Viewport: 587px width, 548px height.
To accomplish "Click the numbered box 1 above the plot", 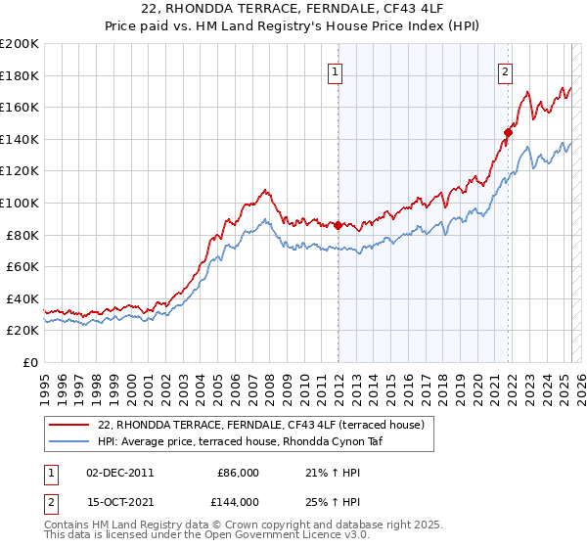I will (x=336, y=70).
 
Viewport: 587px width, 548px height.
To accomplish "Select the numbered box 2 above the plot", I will (x=506, y=70).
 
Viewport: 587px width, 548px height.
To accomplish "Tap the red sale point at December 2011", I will (x=338, y=225).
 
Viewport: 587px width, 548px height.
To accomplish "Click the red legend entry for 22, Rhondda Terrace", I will (x=260, y=425).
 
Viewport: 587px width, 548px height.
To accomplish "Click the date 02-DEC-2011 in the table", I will (x=120, y=473).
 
